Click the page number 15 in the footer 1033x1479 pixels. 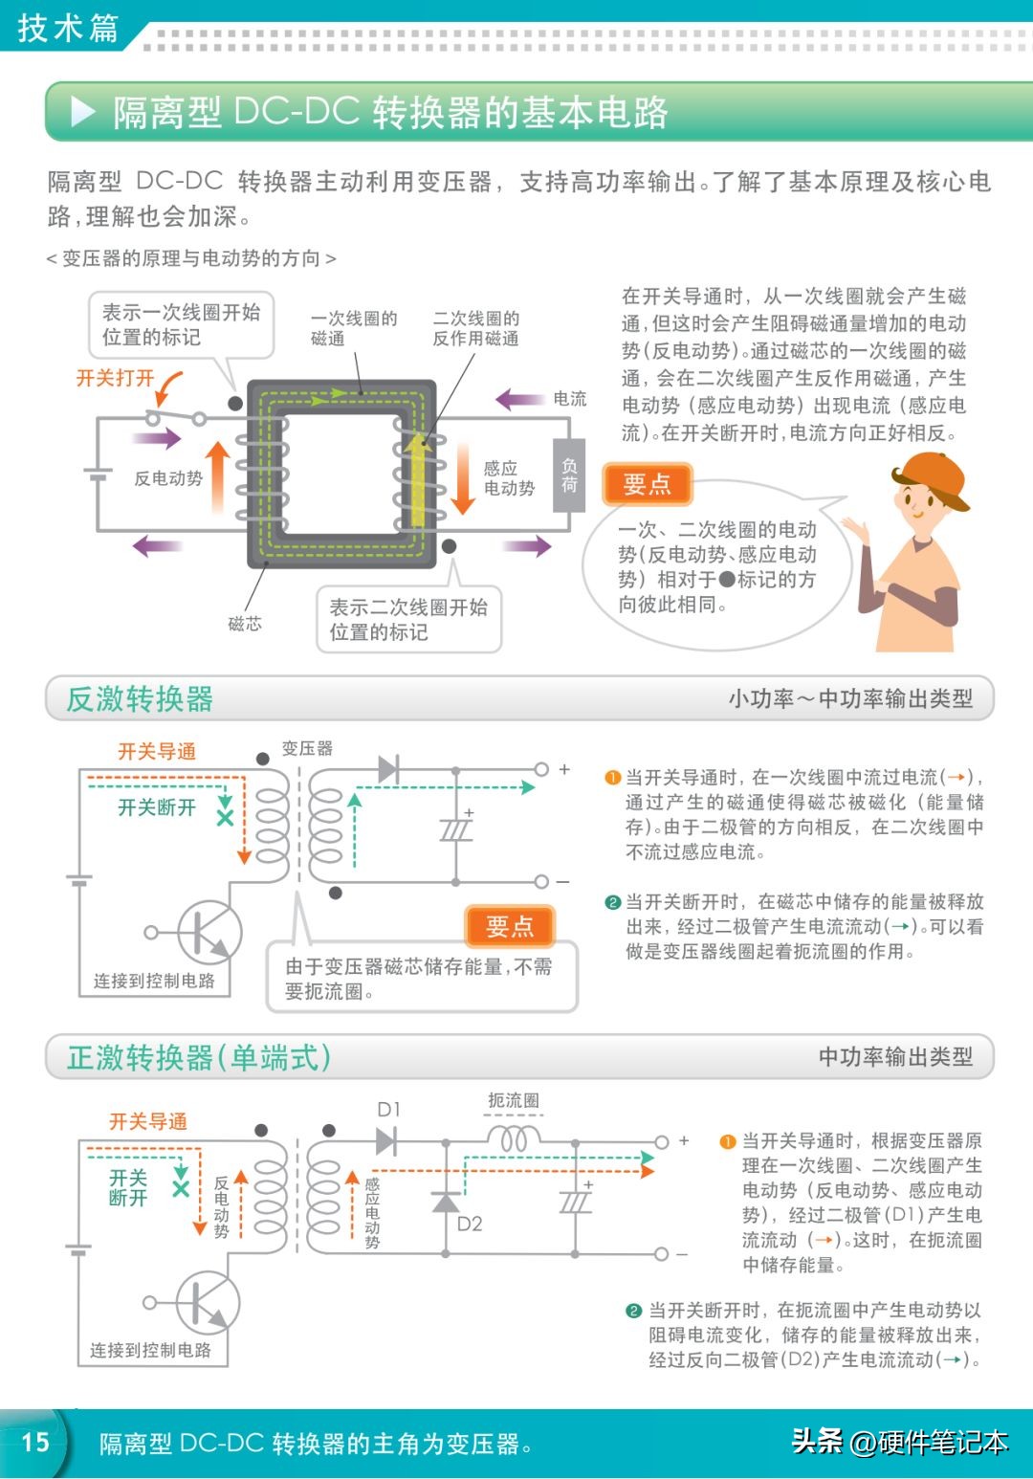pos(35,1442)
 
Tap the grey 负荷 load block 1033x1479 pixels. pos(569,475)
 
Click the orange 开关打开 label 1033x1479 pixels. pos(115,378)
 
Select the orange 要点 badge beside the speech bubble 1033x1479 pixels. pos(647,484)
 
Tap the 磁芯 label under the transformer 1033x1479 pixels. pos(245,624)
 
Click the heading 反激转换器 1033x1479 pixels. pos(140,699)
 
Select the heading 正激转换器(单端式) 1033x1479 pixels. pos(199,1058)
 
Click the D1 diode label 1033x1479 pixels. pos(388,1110)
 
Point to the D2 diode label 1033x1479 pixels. pos(470,1224)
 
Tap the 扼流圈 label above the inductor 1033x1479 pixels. pos(514,1101)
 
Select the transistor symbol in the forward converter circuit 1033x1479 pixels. pos(207,1302)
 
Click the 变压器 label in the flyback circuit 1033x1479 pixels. pos(307,749)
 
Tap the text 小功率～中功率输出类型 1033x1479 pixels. pos(850,699)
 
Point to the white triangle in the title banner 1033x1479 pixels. pos(83,112)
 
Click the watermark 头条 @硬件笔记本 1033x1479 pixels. pos(899,1442)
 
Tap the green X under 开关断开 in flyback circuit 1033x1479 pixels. pos(225,818)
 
